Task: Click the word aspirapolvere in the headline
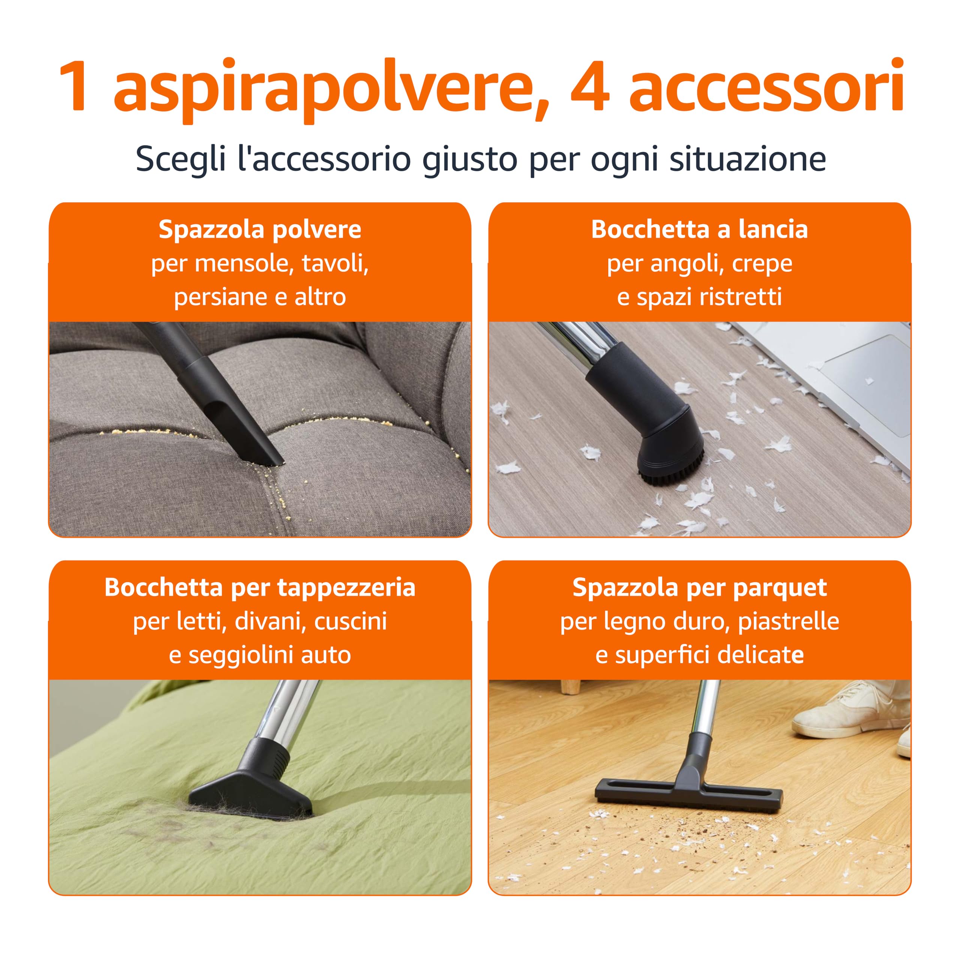click(x=330, y=87)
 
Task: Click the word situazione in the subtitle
click(x=747, y=159)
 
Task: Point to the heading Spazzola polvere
click(x=260, y=229)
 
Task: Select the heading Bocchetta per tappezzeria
click(x=260, y=587)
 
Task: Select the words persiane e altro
click(x=260, y=297)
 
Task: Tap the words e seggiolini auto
click(x=260, y=655)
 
